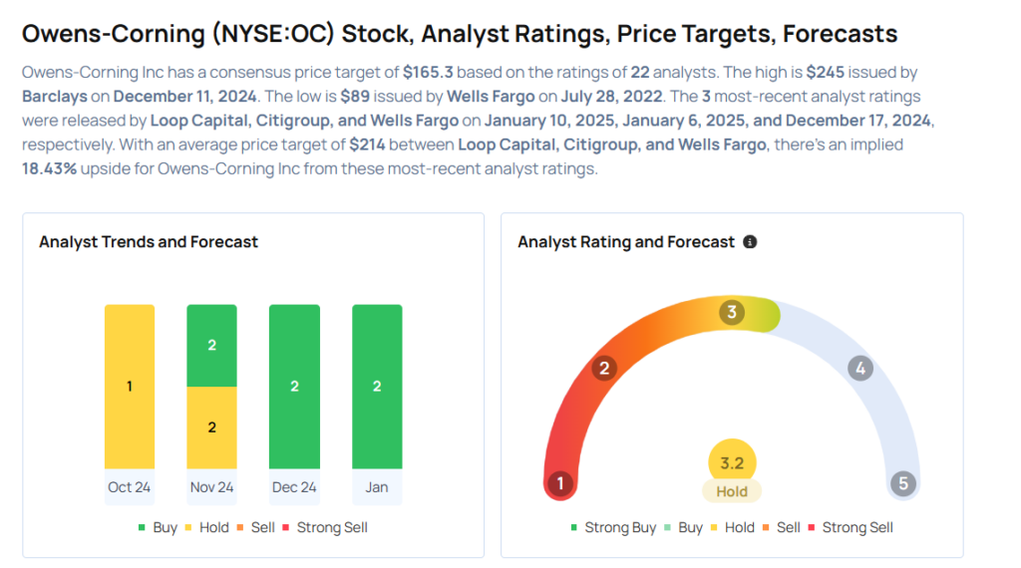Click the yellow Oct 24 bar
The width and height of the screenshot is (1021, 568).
pos(130,386)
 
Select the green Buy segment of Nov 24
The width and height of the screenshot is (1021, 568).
pos(211,345)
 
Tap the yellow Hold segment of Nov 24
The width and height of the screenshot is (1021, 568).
pos(211,426)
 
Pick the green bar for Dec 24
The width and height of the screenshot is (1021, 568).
pos(294,386)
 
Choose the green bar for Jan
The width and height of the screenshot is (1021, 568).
pos(377,386)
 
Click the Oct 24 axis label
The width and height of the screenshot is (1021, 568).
pos(130,487)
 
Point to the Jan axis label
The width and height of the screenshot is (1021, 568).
pos(377,487)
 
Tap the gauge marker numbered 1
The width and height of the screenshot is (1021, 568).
pos(560,484)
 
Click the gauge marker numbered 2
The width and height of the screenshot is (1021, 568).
pos(602,369)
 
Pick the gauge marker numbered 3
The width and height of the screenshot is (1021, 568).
pos(731,313)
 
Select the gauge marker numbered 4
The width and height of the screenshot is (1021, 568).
pos(859,369)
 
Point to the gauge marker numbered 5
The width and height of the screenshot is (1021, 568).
pos(903,484)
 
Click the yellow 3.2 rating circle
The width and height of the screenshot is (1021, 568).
pos(732,463)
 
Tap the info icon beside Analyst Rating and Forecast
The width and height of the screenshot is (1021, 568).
pos(750,242)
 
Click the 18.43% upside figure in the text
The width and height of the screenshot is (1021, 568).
pos(50,168)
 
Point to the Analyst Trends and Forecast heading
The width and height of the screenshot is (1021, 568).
pos(149,242)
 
